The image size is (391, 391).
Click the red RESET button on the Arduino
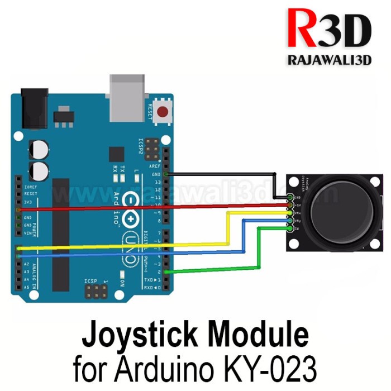coord(163,112)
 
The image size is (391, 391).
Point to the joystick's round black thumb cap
coord(340,208)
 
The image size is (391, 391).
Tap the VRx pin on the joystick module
coord(290,212)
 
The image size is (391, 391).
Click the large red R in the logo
coord(302,30)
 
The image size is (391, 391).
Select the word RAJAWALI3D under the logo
coord(329,60)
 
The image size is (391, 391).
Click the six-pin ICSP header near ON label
coord(96,291)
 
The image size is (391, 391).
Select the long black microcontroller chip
coord(60,235)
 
